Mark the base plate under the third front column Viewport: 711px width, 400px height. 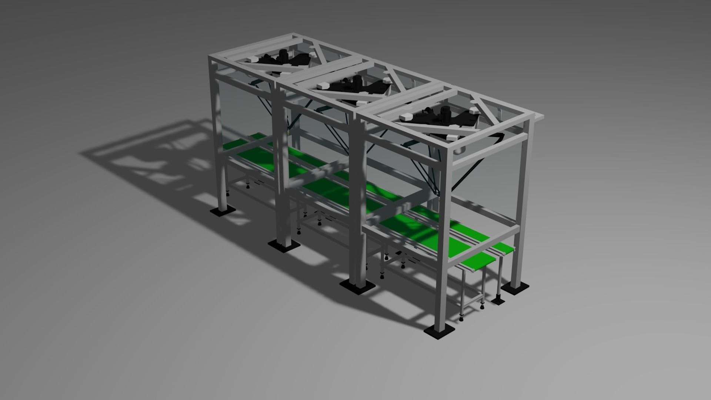(358, 286)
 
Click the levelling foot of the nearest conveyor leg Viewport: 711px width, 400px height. (461, 318)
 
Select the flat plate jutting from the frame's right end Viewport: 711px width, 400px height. (539, 117)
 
